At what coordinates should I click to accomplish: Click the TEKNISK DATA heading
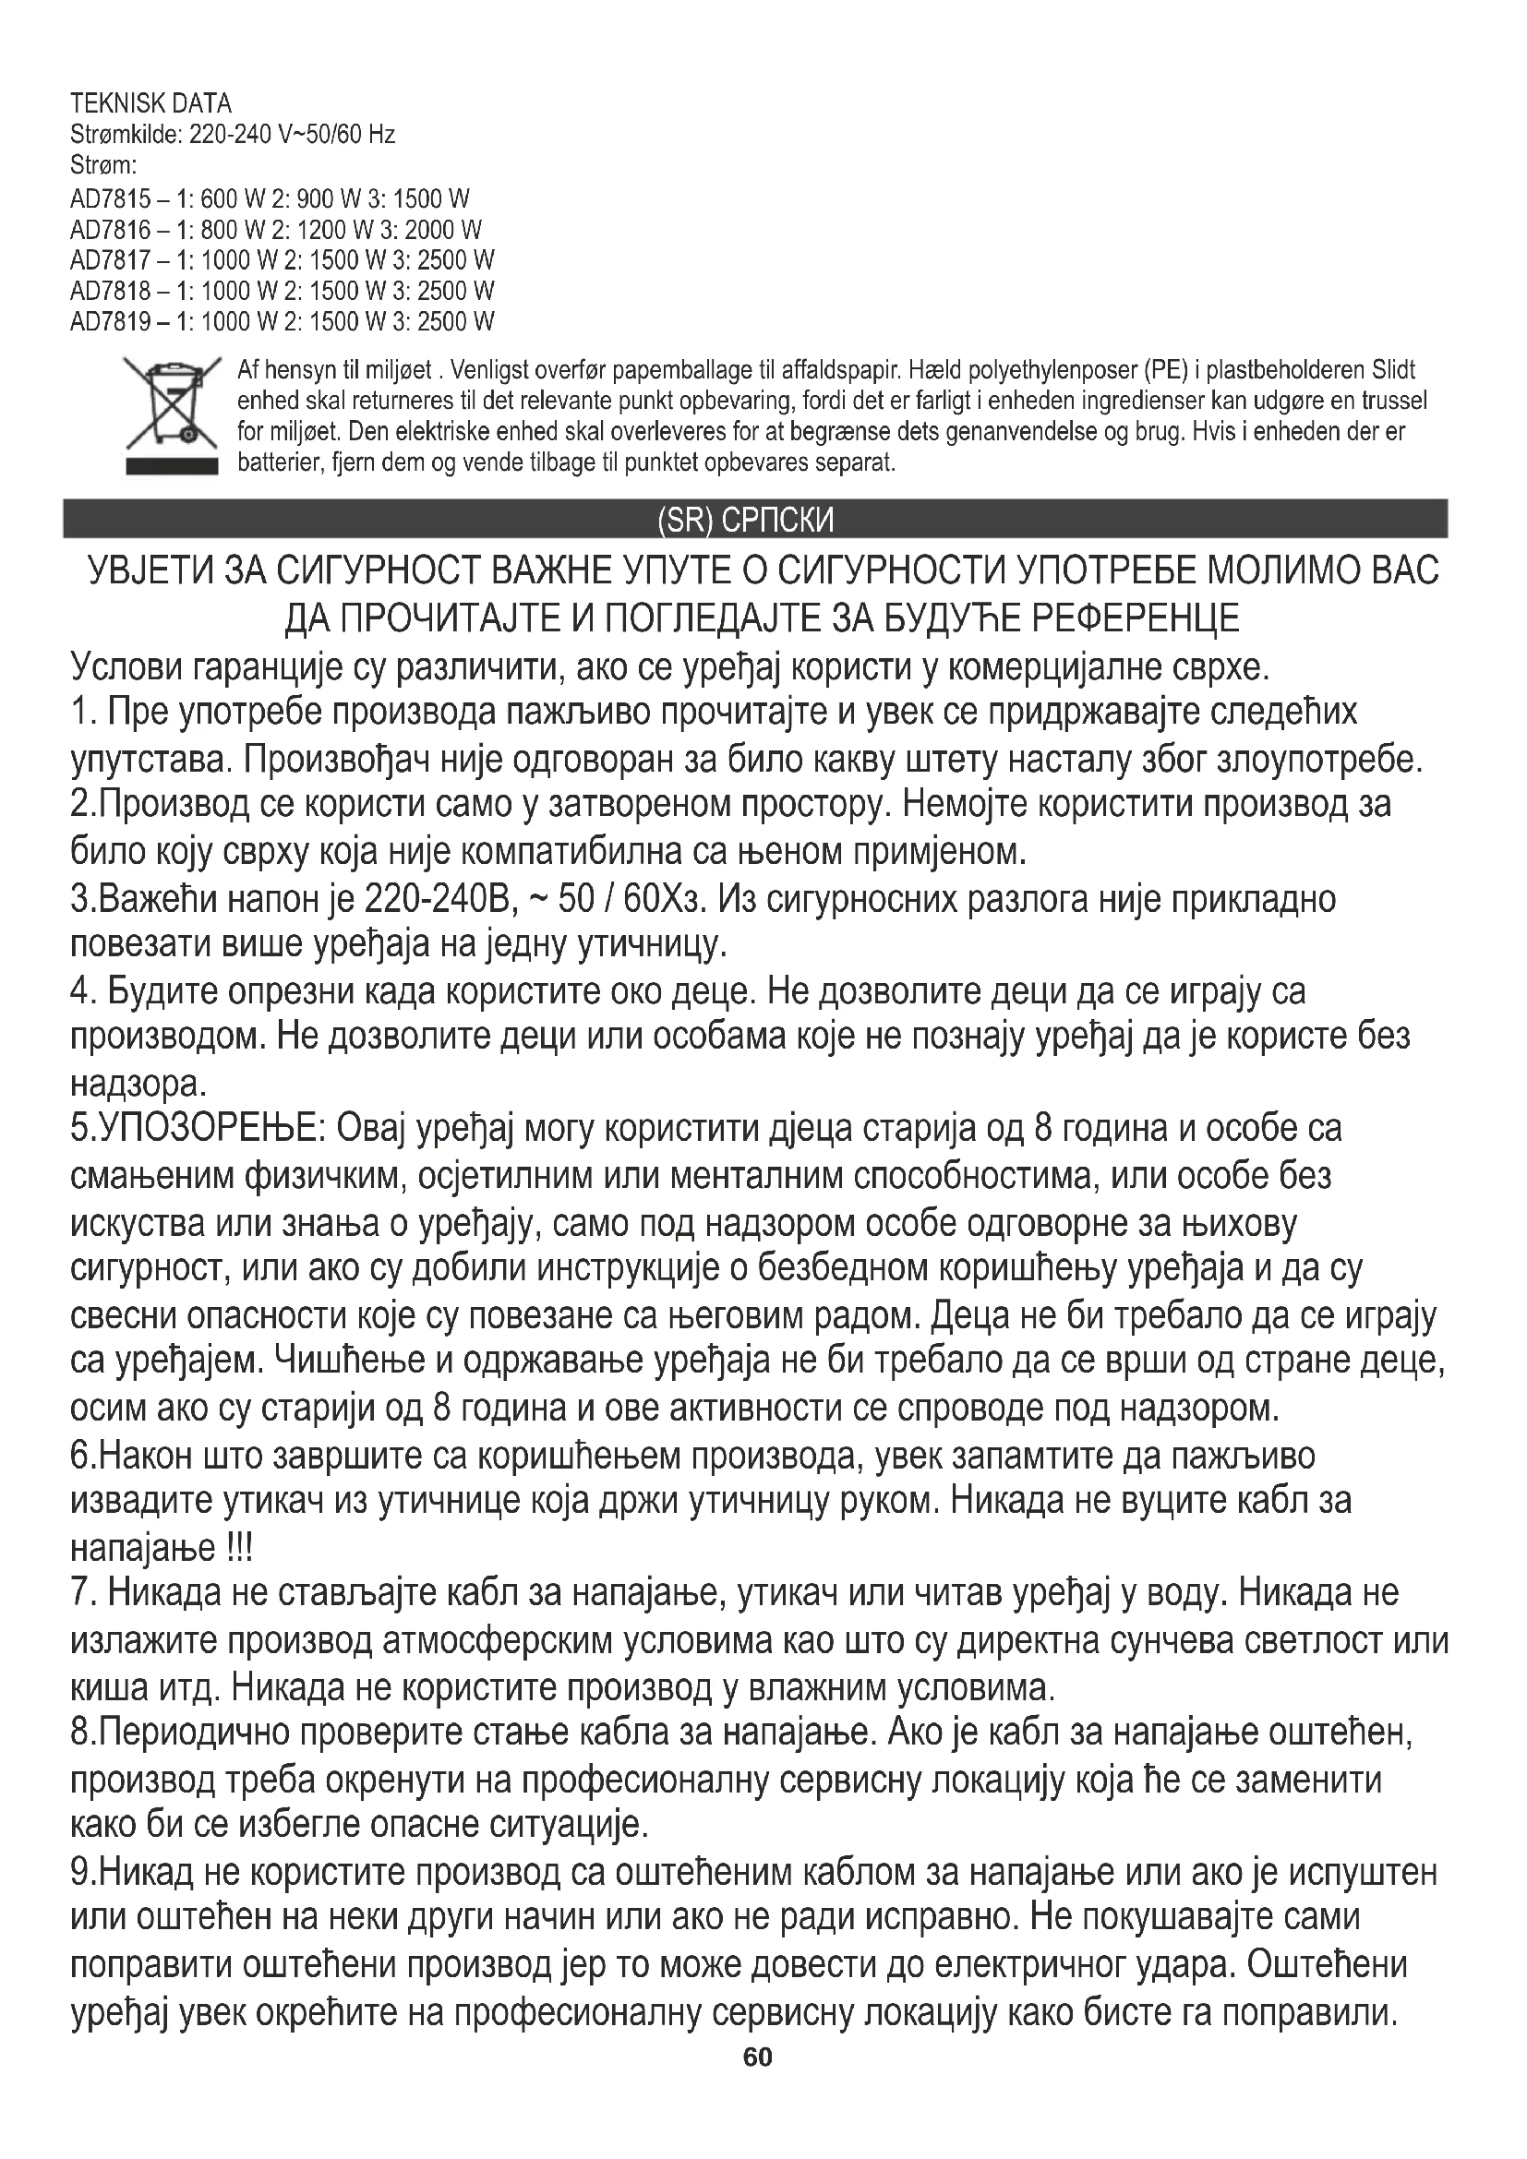tap(150, 103)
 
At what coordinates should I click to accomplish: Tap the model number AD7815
tap(110, 199)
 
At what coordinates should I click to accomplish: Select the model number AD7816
tap(110, 231)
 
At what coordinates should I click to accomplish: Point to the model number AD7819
tap(110, 322)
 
